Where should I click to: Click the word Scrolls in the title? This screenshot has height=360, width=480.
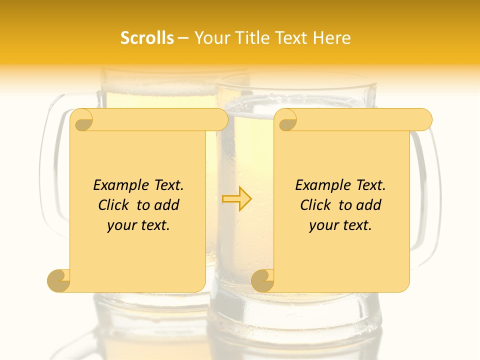pyautogui.click(x=147, y=38)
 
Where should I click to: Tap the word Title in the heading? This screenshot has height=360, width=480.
pyautogui.click(x=250, y=38)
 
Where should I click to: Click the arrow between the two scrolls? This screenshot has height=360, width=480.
pyautogui.click(x=237, y=198)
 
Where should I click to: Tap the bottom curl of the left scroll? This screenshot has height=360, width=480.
pyautogui.click(x=59, y=280)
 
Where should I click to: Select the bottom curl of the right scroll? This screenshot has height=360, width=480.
pyautogui.click(x=262, y=280)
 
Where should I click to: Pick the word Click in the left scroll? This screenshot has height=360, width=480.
pyautogui.click(x=114, y=205)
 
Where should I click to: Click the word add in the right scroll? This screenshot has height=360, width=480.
pyautogui.click(x=369, y=205)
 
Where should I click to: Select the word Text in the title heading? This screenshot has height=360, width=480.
pyautogui.click(x=290, y=38)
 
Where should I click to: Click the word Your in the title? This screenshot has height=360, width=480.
pyautogui.click(x=210, y=38)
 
